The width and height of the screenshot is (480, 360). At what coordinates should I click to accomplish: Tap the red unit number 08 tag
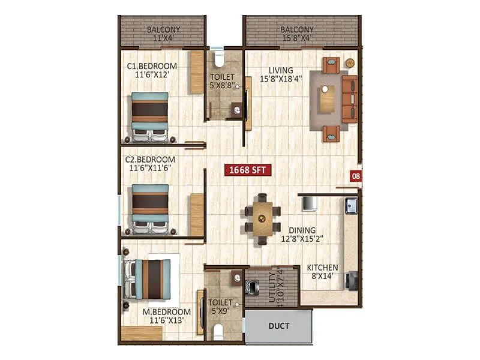coord(356,176)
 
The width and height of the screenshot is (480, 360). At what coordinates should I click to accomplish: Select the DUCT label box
coord(279,326)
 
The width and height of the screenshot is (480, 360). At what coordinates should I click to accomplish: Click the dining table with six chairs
coord(262,218)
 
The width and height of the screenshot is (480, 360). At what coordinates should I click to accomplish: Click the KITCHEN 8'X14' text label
coord(323,272)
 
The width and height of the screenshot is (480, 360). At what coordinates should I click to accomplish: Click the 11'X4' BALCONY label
coord(164,34)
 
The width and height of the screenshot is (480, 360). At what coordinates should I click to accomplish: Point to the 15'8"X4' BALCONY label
coord(297,34)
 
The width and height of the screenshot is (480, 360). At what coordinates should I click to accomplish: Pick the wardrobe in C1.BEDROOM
coord(197,73)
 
